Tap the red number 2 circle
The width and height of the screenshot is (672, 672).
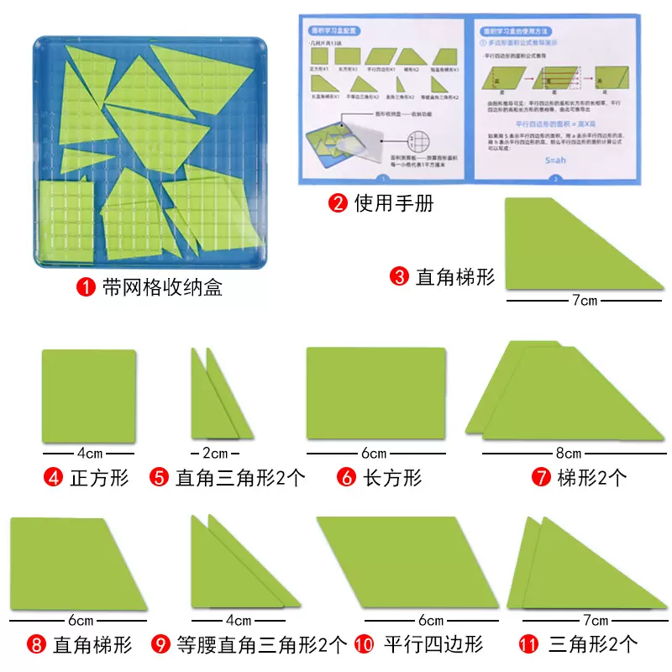click(337, 202)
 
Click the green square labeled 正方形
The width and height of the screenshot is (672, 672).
click(89, 396)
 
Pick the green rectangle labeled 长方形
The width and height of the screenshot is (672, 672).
click(375, 393)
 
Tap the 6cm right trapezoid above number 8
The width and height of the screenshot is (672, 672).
click(76, 563)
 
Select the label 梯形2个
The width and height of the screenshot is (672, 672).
click(591, 478)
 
